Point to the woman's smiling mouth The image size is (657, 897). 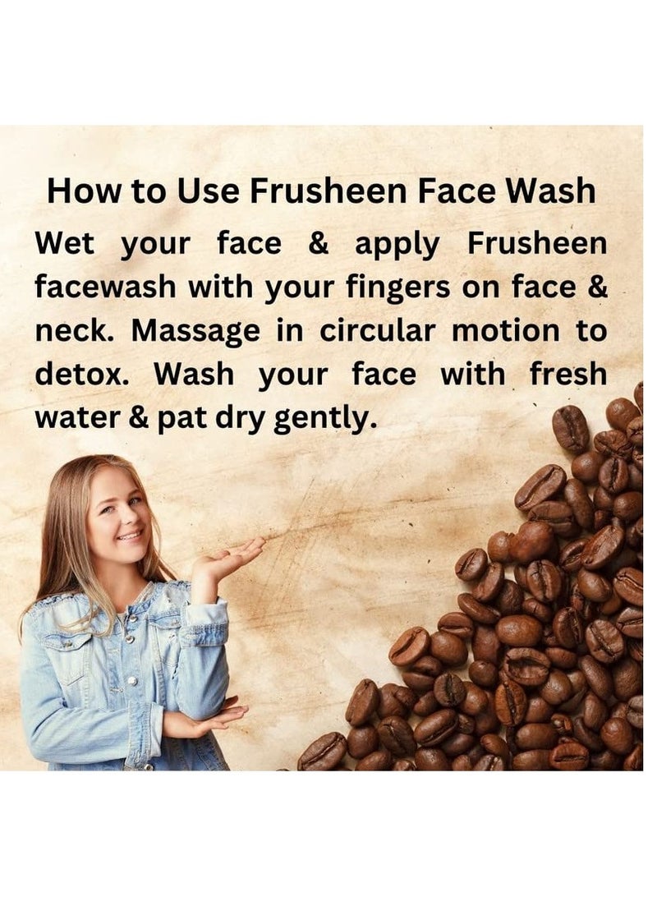pyautogui.click(x=129, y=536)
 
